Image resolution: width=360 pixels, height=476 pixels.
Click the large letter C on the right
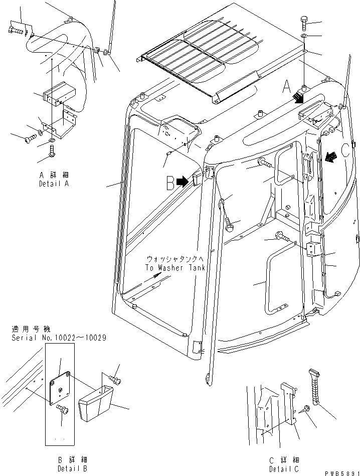pos(345,150)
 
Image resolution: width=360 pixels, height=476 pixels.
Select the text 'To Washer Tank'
pos(175,268)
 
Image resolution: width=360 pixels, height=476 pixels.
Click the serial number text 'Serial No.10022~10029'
pos(59,338)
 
